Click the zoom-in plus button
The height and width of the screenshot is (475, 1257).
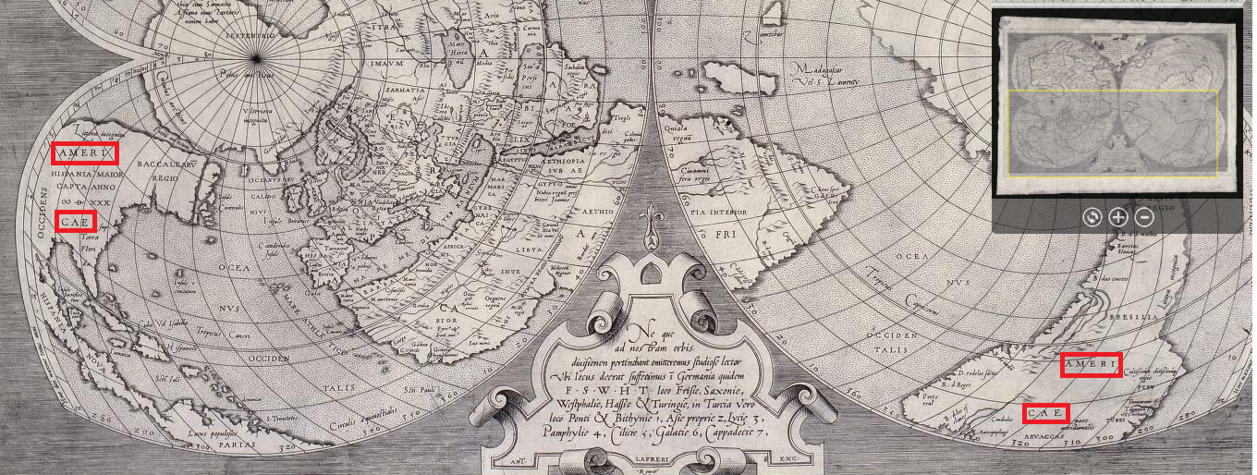(1117, 217)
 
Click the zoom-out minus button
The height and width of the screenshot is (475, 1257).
(1144, 217)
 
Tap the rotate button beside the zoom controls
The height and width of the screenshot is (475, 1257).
(1092, 217)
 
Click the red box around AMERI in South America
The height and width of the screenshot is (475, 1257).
(1091, 365)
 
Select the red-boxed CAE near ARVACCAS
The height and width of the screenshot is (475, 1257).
(1045, 413)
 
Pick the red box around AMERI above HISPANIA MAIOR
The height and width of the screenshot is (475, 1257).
(85, 152)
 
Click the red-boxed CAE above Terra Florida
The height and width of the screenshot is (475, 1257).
(75, 221)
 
